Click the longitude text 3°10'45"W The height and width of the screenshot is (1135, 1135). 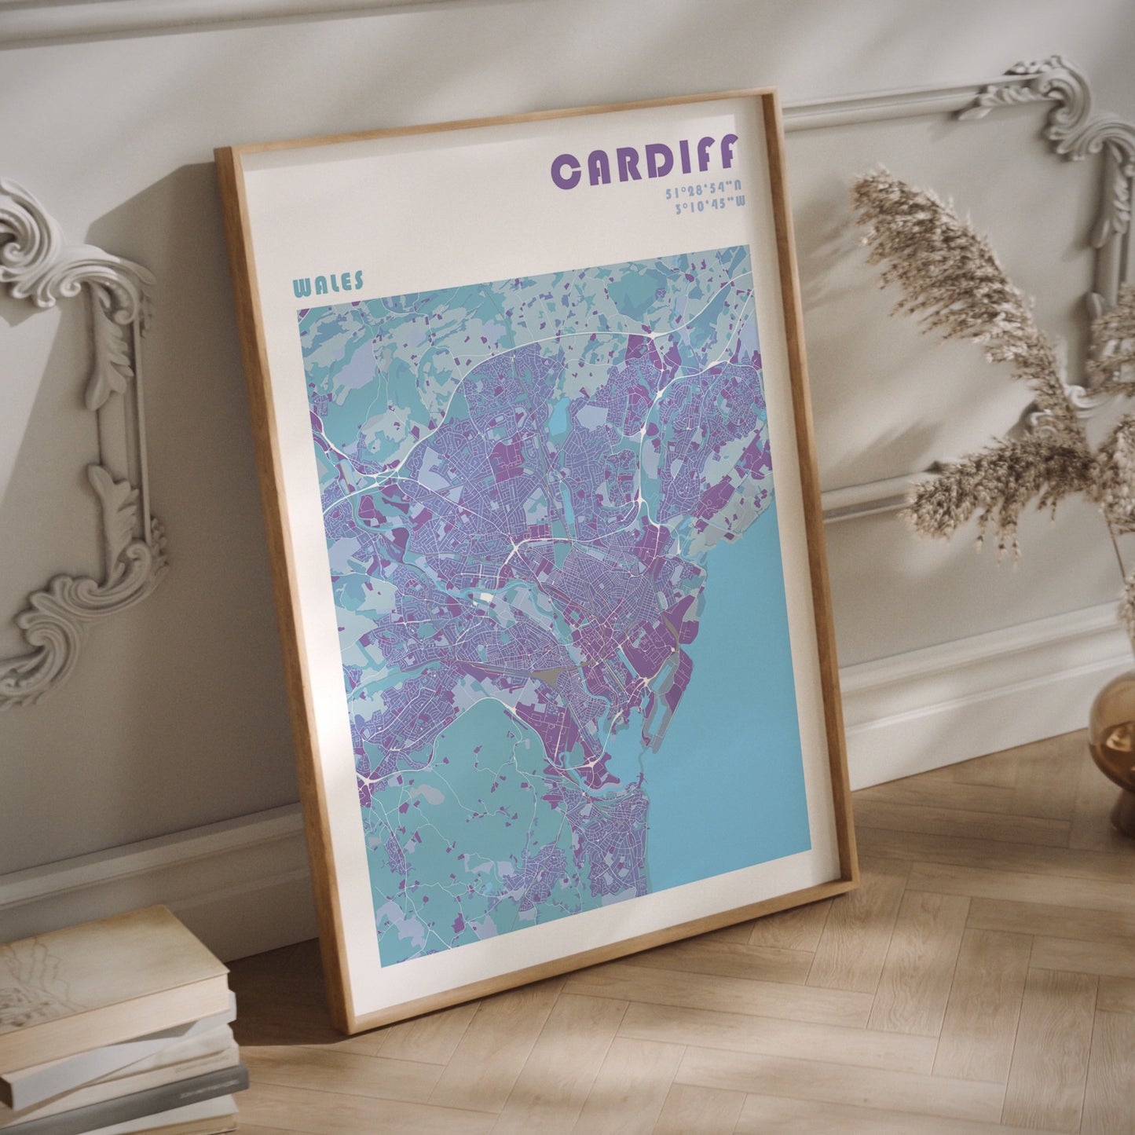tap(709, 207)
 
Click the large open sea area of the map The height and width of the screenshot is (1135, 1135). tap(738, 707)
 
